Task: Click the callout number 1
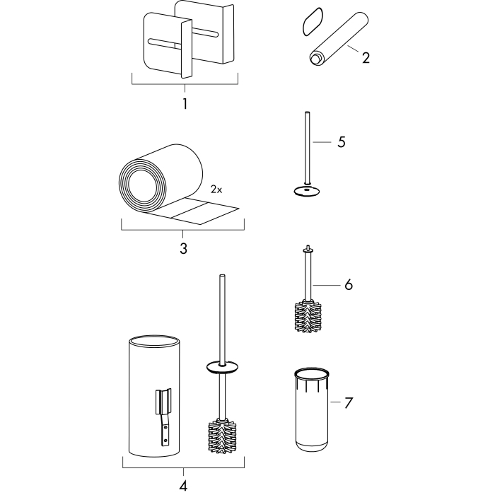tap(185, 104)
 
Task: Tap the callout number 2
tap(366, 58)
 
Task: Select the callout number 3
tap(183, 248)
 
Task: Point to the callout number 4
tap(183, 486)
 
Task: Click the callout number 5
tap(342, 142)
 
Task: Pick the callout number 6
tap(349, 285)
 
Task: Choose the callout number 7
tap(349, 403)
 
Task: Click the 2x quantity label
tap(216, 190)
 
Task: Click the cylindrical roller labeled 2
tap(338, 39)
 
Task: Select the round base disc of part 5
tap(307, 191)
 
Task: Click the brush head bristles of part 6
tap(308, 317)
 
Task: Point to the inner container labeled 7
tap(312, 409)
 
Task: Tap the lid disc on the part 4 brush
tap(222, 368)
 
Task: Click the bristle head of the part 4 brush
tap(222, 436)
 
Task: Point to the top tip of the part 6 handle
tap(308, 246)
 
